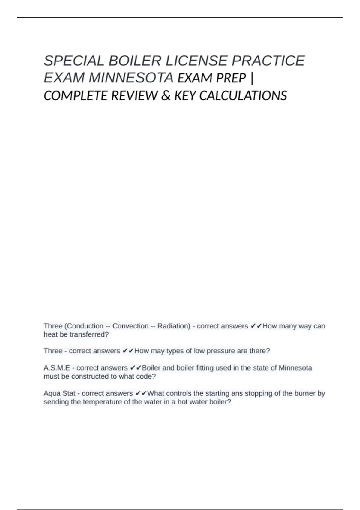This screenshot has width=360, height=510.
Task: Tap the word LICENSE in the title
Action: [196, 61]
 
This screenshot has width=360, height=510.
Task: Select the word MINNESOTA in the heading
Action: [131, 78]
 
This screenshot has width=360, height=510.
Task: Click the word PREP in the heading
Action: [231, 78]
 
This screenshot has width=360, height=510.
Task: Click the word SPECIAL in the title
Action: [74, 61]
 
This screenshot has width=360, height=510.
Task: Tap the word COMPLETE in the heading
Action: [76, 96]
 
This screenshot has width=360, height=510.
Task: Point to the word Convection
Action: [130, 326]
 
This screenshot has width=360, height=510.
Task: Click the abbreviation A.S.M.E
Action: [57, 368]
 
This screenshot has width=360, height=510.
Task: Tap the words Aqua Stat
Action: [59, 393]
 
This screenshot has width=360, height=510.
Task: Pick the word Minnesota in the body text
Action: [295, 368]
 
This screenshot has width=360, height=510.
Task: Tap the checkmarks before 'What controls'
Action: [141, 393]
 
